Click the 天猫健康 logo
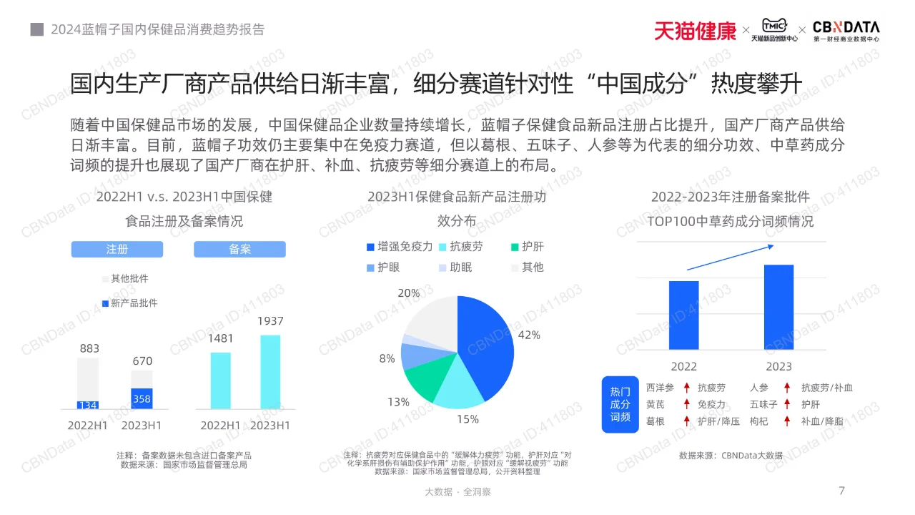pyautogui.click(x=694, y=31)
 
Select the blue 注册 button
pyautogui.click(x=117, y=249)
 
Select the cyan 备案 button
pyautogui.click(x=239, y=249)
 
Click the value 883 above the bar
pyautogui.click(x=89, y=348)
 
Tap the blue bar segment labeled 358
pyautogui.click(x=142, y=398)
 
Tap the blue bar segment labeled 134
pyautogui.click(x=88, y=405)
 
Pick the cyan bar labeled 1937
pyautogui.click(x=270, y=372)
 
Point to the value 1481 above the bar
pyautogui.click(x=221, y=338)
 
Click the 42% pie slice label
pyautogui.click(x=529, y=335)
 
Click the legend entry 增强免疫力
pyautogui.click(x=400, y=247)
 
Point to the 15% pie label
pyautogui.click(x=468, y=419)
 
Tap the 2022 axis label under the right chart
pyautogui.click(x=683, y=366)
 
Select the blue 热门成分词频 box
pyautogui.click(x=620, y=404)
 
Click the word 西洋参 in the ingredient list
pyautogui.click(x=660, y=388)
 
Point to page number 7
pyautogui.click(x=841, y=491)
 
